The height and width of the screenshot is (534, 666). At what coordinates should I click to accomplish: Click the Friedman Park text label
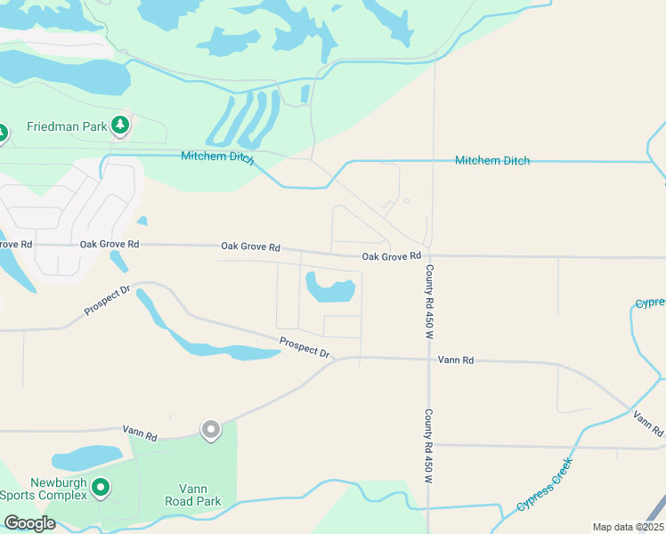(x=67, y=126)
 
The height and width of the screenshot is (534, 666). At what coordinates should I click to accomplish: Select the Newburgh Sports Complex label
(x=45, y=489)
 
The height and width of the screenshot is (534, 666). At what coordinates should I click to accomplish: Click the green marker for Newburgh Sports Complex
(x=101, y=488)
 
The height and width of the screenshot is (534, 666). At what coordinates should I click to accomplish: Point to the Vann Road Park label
(x=192, y=495)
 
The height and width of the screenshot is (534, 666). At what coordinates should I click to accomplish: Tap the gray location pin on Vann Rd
(x=211, y=430)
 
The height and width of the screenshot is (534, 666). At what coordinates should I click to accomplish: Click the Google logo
(x=29, y=523)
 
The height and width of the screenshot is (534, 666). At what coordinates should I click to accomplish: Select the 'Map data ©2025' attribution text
(x=627, y=527)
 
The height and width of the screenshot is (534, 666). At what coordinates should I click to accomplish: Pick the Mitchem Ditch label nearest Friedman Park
(x=217, y=158)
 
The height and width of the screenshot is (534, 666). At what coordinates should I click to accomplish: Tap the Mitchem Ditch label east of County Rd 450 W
(x=491, y=160)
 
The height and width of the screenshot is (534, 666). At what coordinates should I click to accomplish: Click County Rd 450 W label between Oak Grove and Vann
(x=428, y=302)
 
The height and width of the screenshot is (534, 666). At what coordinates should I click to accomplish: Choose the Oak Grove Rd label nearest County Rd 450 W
(x=391, y=256)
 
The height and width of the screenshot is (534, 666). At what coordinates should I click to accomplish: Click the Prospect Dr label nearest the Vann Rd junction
(x=304, y=347)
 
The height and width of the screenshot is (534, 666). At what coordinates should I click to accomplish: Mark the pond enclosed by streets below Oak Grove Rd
(x=329, y=288)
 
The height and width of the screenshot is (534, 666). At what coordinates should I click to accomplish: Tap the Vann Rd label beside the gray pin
(x=140, y=433)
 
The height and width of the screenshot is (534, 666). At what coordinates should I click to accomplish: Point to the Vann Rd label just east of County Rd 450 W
(x=456, y=360)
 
